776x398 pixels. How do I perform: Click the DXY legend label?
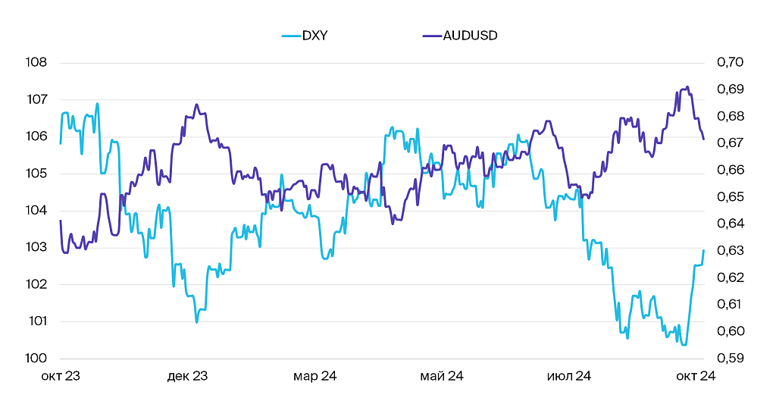(314, 36)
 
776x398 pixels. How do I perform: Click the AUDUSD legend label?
(470, 36)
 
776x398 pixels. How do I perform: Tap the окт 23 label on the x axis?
(61, 376)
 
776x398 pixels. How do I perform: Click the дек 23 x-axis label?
(187, 376)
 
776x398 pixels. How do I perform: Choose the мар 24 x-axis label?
(314, 376)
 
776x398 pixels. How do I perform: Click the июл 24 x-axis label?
(568, 376)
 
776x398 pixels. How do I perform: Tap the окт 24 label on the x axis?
(696, 376)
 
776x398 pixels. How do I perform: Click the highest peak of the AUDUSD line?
(687, 86)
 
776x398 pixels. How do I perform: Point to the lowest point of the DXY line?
(684, 345)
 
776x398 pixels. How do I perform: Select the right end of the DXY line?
(703, 250)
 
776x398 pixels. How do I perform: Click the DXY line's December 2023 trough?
(196, 322)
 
